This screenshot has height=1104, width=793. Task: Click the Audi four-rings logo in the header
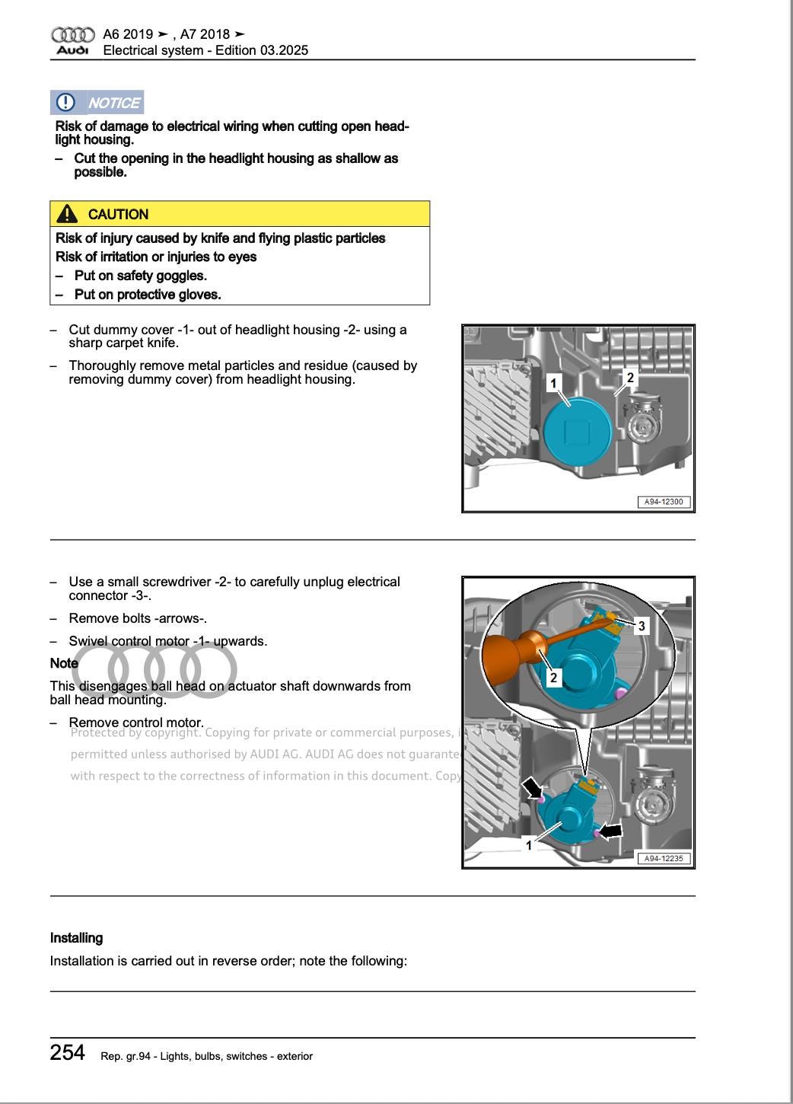72,35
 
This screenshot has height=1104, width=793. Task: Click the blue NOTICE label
114,103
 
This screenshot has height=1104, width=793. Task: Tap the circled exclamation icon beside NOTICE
66,102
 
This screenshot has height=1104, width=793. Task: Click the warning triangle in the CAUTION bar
67,214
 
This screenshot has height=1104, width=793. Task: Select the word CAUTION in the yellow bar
118,215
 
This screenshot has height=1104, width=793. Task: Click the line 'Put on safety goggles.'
140,276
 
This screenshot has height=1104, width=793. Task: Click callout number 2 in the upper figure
629,378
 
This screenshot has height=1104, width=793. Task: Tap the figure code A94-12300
664,502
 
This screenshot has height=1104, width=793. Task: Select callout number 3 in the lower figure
642,626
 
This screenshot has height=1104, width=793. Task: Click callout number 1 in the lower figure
529,845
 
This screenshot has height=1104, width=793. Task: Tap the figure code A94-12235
664,858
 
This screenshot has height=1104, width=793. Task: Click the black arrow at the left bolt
531,787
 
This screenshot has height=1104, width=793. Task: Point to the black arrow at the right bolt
611,831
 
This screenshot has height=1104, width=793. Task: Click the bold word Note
64,663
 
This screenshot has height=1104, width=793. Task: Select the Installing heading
76,938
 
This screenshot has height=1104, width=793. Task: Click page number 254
68,1052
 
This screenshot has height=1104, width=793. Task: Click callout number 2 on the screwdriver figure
553,678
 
